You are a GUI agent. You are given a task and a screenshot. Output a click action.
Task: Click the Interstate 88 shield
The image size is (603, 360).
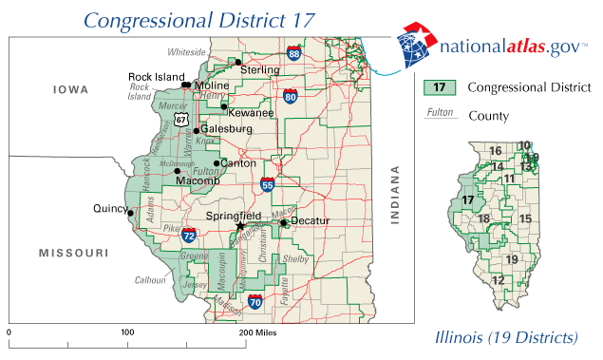click(x=294, y=53)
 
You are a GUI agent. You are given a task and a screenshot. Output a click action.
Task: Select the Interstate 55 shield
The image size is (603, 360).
click(x=269, y=185)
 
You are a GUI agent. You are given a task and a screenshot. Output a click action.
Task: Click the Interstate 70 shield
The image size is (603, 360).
click(x=254, y=302)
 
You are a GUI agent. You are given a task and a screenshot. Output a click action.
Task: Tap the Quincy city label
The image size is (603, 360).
click(x=110, y=208)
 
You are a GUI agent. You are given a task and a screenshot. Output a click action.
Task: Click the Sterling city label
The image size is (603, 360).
click(x=259, y=70)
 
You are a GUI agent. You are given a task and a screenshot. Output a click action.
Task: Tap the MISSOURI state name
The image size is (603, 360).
click(x=70, y=253)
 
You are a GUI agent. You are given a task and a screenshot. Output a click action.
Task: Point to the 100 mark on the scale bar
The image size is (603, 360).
click(x=127, y=334)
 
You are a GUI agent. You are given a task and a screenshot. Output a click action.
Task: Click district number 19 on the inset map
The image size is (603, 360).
click(x=512, y=259)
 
